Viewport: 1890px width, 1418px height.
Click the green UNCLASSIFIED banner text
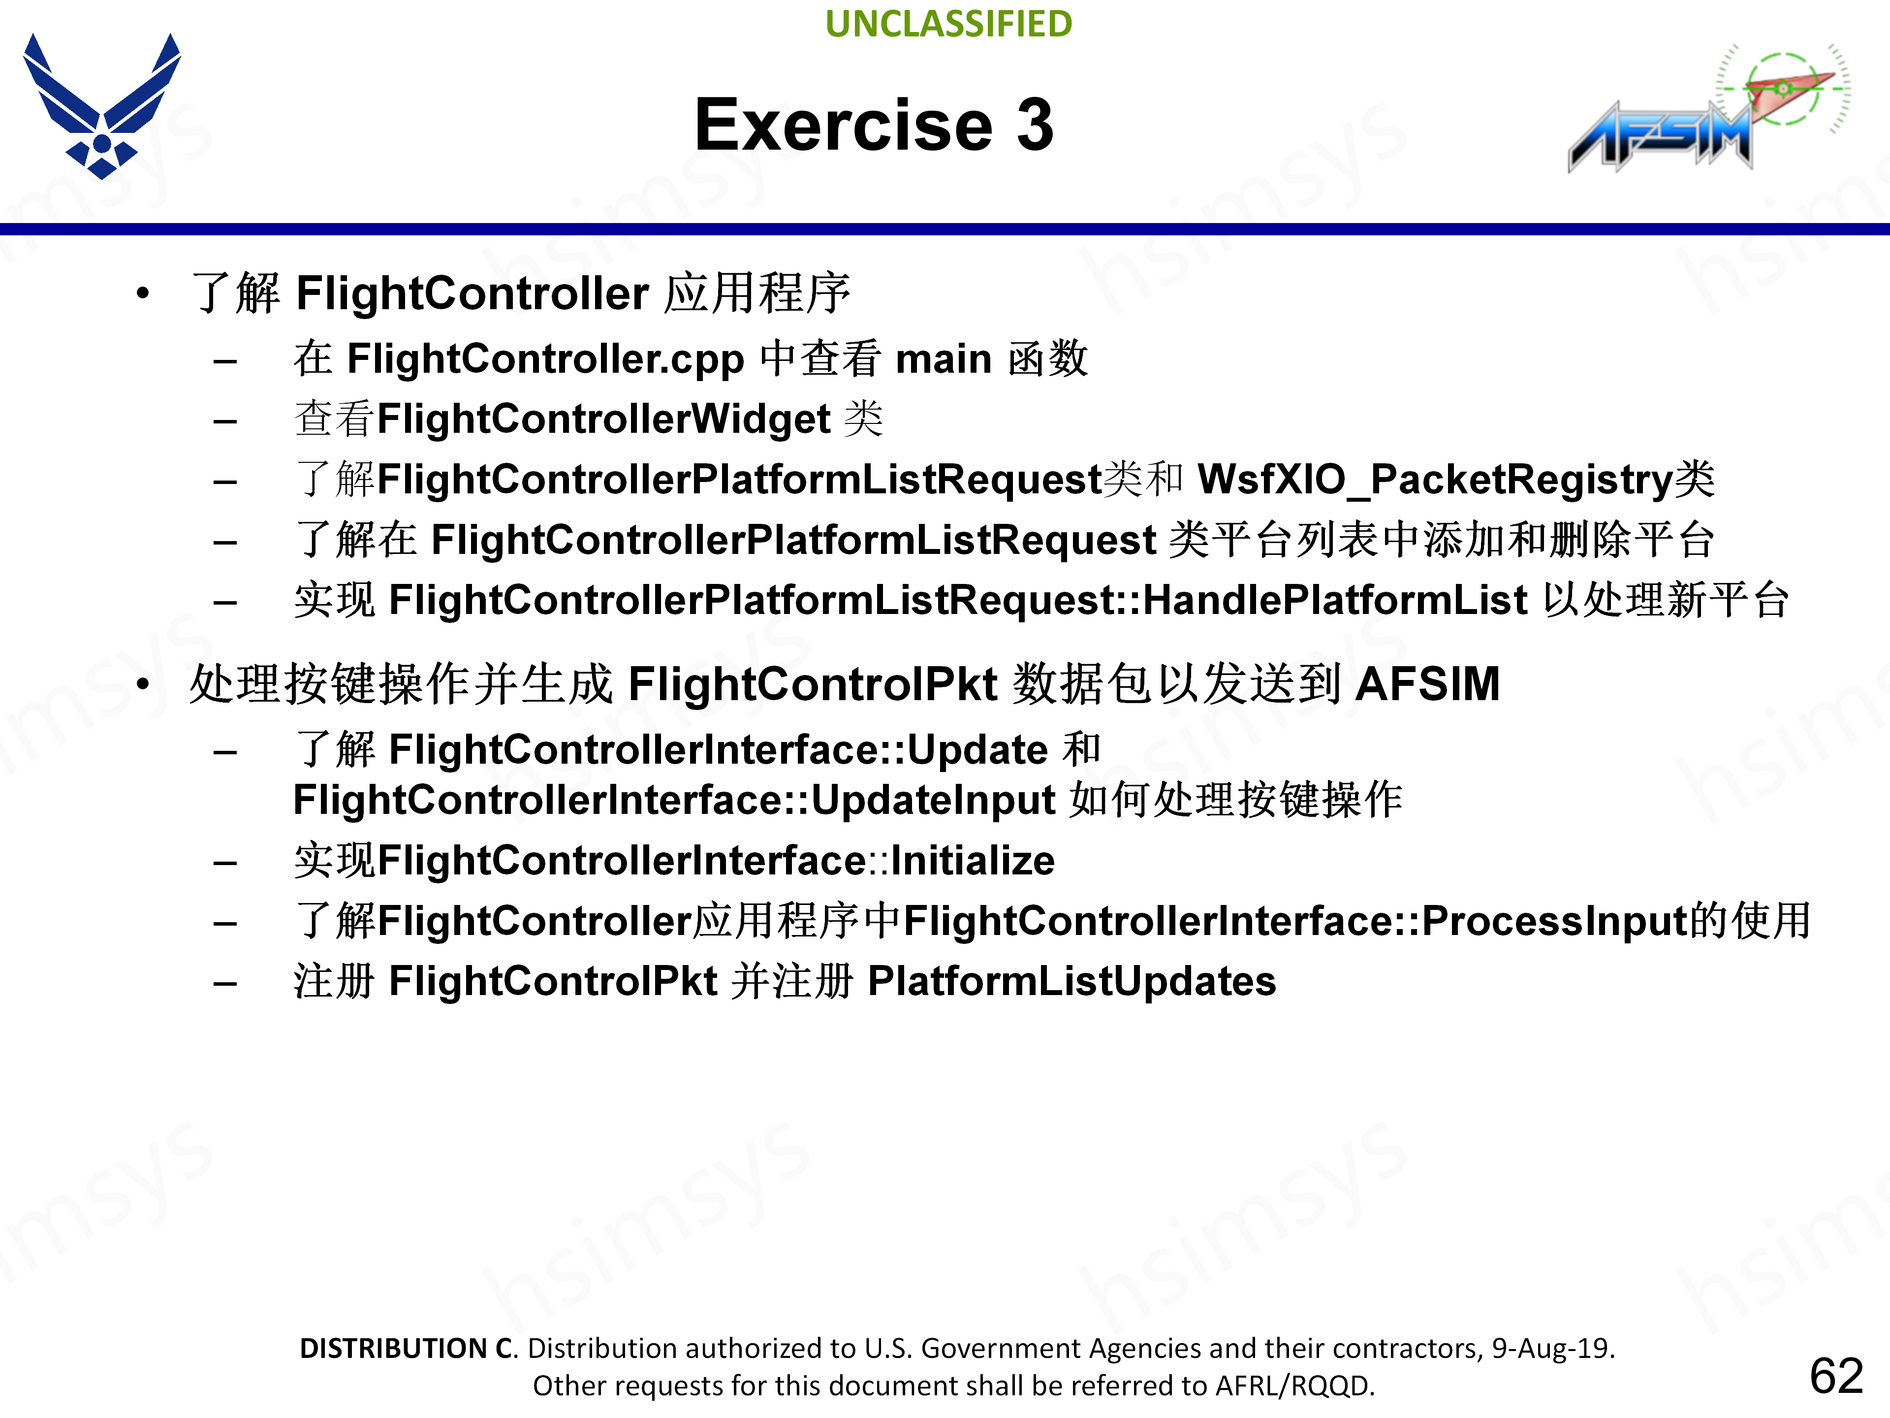tap(948, 24)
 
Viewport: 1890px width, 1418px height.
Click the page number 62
tap(1836, 1376)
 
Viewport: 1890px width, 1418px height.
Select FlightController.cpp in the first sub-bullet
tap(545, 359)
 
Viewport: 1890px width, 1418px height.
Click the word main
tap(944, 359)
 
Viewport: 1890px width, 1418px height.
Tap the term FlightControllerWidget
tap(604, 419)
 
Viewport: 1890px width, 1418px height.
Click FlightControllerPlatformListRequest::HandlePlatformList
tap(957, 600)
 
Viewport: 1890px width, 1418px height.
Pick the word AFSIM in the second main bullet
tap(1427, 684)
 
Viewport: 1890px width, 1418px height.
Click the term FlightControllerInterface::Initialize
tap(716, 861)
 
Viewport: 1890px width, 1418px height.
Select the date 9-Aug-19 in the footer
tap(1551, 1348)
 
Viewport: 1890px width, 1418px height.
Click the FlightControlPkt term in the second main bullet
tap(813, 684)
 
